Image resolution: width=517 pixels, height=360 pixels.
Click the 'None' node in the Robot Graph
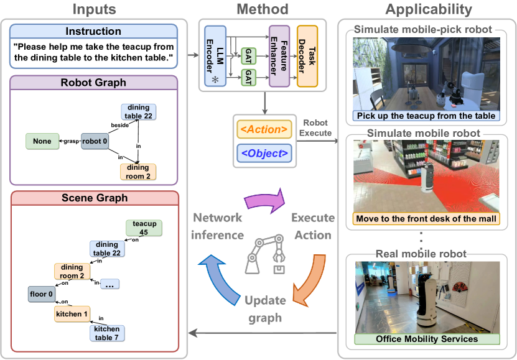42,141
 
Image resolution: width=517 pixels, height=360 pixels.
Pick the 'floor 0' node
42,293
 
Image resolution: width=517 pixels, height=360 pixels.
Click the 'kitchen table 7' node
106,333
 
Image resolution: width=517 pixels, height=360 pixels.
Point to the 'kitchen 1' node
72,314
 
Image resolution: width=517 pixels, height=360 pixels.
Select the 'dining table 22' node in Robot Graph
138,111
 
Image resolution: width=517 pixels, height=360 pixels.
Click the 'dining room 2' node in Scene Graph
72,272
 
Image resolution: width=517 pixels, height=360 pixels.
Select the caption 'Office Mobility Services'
427,339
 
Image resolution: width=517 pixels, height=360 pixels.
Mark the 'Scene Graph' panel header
95,198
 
